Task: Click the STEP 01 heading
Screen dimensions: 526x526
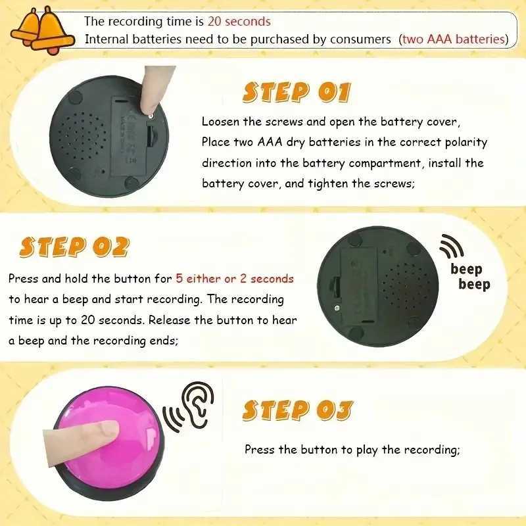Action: coord(297,92)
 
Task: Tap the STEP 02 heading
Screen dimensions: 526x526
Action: coord(74,247)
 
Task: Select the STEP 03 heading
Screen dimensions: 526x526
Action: coord(298,410)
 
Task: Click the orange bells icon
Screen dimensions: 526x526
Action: coord(41,30)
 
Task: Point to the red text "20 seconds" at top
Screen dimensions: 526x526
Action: coord(239,22)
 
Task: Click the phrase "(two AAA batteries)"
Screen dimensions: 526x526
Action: coord(454,39)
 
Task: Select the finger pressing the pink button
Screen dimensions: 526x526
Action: coord(81,433)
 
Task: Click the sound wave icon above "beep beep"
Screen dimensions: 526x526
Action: coord(451,246)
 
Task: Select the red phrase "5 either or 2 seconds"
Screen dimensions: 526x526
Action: coord(235,279)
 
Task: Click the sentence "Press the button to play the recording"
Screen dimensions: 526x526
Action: coord(352,450)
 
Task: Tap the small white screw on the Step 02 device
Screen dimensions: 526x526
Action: coord(337,308)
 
